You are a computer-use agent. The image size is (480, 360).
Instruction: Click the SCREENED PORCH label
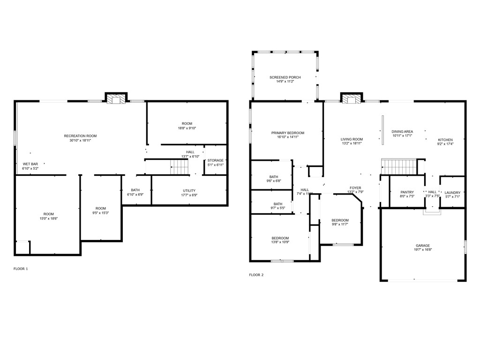[285, 77]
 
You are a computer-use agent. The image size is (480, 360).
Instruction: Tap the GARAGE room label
[422, 246]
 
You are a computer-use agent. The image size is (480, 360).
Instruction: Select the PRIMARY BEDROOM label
[288, 133]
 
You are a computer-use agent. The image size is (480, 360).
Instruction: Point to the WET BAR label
[30, 164]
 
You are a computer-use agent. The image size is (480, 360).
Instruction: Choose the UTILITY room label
[189, 190]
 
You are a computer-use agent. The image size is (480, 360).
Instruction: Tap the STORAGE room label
[216, 160]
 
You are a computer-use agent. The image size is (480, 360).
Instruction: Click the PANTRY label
[407, 192]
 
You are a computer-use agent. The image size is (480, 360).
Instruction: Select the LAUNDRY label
[452, 192]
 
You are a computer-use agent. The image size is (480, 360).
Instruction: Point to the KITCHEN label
[445, 140]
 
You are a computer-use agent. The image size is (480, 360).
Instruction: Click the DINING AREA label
[402, 132]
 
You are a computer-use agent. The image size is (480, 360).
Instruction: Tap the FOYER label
[355, 187]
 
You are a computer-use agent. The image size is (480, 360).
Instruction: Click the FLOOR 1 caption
[21, 269]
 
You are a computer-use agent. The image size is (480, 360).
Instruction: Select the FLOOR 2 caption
[256, 275]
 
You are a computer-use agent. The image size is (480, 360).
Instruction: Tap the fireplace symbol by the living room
[351, 99]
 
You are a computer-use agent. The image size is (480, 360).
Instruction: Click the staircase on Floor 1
[178, 166]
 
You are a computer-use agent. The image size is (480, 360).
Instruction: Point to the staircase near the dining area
[399, 166]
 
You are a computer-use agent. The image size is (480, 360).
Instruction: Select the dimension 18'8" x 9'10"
[187, 128]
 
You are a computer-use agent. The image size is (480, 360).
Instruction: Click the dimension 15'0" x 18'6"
[49, 218]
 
